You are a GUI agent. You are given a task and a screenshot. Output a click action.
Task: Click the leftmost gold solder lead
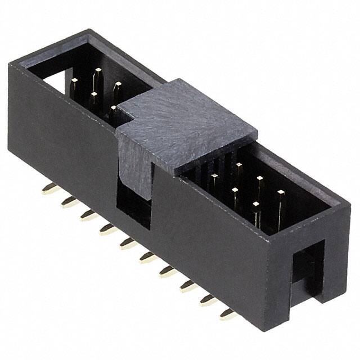pyautogui.click(x=49, y=189)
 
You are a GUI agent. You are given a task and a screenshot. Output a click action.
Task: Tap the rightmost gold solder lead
pyautogui.click(x=228, y=314)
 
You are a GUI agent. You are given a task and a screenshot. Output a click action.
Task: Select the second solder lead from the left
pyautogui.click(x=69, y=202)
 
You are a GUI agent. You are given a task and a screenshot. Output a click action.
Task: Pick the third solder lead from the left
pyautogui.click(x=87, y=215)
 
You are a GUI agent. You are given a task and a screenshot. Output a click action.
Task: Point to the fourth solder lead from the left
pyautogui.click(x=107, y=228)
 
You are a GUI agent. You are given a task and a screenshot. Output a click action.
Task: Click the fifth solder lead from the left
pyautogui.click(x=127, y=242)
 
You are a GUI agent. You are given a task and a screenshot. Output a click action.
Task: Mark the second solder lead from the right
pyautogui.click(x=208, y=299)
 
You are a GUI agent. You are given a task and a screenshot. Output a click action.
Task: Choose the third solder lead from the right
pyautogui.click(x=187, y=286)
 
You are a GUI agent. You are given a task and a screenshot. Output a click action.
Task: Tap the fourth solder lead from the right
pyautogui.click(x=167, y=272)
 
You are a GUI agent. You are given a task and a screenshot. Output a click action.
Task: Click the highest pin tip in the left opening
pyautogui.click(x=98, y=71)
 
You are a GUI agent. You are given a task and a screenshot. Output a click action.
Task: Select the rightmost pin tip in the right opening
pyautogui.click(x=281, y=193)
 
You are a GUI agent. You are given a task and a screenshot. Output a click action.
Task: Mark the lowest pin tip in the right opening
pyautogui.click(x=256, y=205)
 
